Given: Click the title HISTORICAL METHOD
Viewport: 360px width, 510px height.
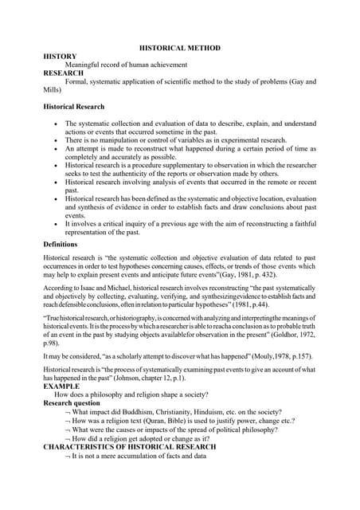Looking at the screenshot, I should coord(179,49).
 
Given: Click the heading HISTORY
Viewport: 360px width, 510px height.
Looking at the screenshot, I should coord(60,57).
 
